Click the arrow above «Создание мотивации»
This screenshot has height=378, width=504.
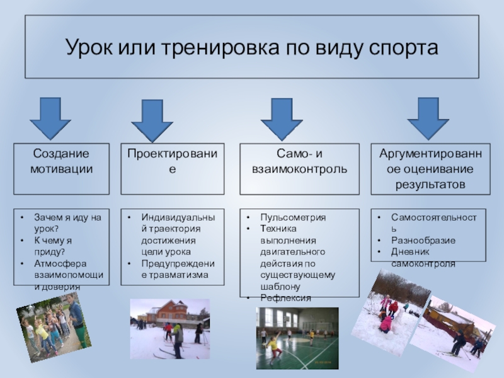click(x=50, y=118)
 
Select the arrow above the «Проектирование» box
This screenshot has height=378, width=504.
click(x=152, y=120)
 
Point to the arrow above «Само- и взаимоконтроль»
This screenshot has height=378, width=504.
click(x=282, y=118)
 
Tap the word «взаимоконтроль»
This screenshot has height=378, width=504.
click(x=299, y=169)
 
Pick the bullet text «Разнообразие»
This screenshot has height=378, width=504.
click(x=423, y=241)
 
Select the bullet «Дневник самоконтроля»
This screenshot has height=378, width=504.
click(x=423, y=257)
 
